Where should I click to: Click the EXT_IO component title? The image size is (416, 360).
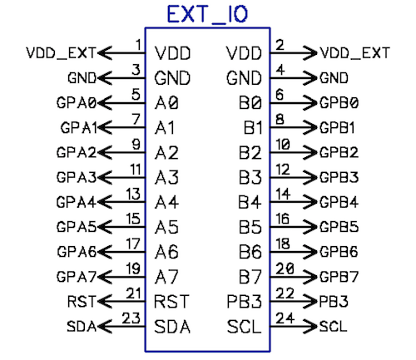click(207, 14)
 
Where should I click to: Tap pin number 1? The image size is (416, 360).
click(138, 45)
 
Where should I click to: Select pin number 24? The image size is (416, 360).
click(285, 318)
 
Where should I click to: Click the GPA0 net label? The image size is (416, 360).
click(77, 103)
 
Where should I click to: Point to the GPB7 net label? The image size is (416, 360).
click(339, 277)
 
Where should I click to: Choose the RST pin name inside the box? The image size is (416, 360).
click(171, 301)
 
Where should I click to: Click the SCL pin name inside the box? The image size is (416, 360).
click(244, 326)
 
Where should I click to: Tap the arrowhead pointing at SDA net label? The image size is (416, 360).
click(105, 326)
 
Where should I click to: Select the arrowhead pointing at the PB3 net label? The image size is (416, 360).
click(310, 301)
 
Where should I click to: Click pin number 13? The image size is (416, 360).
click(133, 194)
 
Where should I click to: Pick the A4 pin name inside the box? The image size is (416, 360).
click(166, 202)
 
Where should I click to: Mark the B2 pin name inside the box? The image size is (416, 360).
click(250, 152)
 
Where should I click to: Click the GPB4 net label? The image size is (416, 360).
click(339, 202)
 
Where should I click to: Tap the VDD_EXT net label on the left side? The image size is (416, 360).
click(61, 53)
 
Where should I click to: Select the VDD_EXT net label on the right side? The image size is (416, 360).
click(354, 53)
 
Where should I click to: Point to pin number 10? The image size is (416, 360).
click(283, 144)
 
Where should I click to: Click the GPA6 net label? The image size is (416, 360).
click(77, 252)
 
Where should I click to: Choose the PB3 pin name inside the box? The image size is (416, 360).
click(244, 301)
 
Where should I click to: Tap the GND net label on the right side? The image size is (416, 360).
click(334, 78)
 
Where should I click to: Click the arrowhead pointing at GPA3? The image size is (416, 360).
click(105, 177)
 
